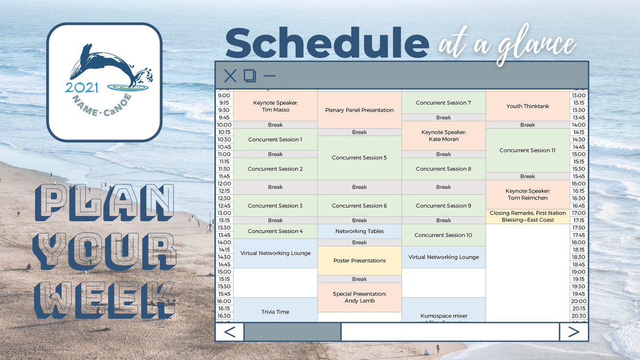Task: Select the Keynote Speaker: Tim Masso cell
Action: [275, 106]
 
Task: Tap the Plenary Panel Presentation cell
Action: [359, 110]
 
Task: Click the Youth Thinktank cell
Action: [527, 106]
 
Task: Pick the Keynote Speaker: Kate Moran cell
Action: [443, 135]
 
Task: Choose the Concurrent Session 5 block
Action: [359, 157]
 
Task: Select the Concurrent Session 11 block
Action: [527, 150]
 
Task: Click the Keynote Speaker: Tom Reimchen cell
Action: [527, 194]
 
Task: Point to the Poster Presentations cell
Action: [359, 260]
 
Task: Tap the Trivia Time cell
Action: [275, 311]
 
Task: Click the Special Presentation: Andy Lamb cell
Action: [359, 297]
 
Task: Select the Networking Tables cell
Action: [359, 231]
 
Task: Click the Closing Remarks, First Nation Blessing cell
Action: [527, 216]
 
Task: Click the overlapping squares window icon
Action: [250, 76]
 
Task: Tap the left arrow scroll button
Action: [230, 332]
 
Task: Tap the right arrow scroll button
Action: [573, 332]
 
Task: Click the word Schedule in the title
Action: [327, 44]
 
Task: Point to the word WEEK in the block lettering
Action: [105, 295]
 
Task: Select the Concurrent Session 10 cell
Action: [443, 235]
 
